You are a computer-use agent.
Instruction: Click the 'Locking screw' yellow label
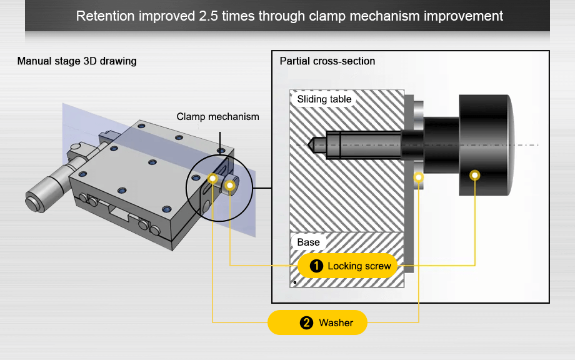[x=347, y=266]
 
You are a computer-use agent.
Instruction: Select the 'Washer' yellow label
[x=317, y=323]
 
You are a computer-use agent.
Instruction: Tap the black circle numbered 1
[x=316, y=266]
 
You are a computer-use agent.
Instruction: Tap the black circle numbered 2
[x=306, y=323]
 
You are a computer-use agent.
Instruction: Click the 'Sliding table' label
[x=324, y=99]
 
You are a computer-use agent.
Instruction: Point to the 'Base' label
[x=308, y=242]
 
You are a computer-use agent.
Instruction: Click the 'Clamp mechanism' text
[x=217, y=117]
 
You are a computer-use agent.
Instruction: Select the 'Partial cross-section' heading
[x=327, y=61]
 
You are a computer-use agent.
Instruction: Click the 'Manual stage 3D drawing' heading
[x=77, y=61]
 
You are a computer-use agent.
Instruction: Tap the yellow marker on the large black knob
[x=475, y=175]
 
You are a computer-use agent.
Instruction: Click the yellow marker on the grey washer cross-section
[x=419, y=177]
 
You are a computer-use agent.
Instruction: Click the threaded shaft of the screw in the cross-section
[x=362, y=144]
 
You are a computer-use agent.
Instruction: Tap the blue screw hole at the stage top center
[x=152, y=162]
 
